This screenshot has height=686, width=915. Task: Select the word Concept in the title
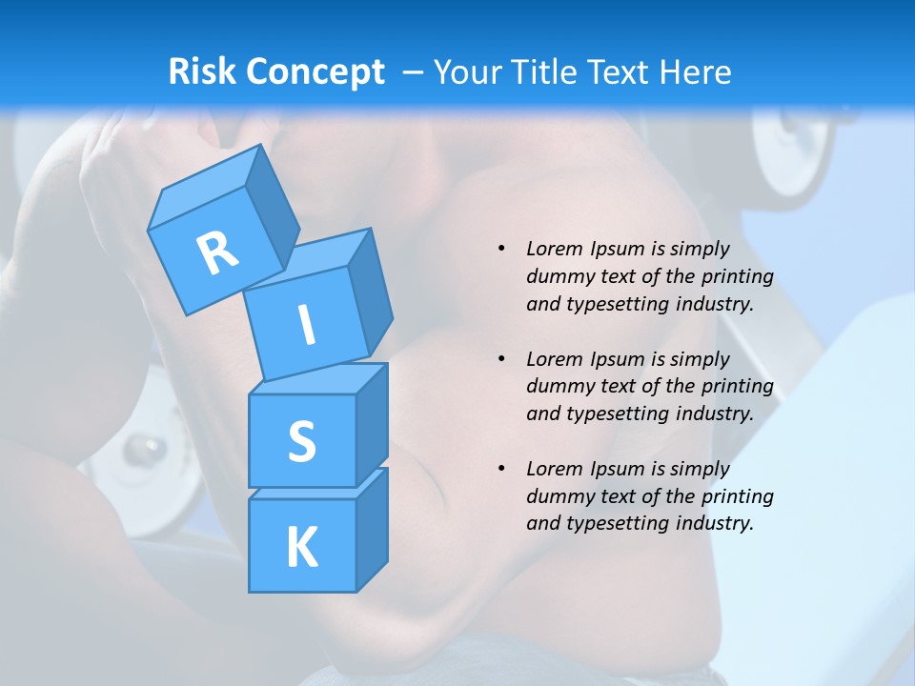tap(315, 72)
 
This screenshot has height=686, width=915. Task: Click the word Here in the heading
tap(695, 72)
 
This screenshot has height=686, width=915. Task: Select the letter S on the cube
tap(301, 442)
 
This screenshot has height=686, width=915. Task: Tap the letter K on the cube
tap(301, 548)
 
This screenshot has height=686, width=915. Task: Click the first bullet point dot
tap(501, 249)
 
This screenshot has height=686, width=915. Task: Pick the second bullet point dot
tap(501, 359)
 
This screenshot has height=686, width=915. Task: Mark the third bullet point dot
tap(501, 469)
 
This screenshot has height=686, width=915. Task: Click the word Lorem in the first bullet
tap(553, 249)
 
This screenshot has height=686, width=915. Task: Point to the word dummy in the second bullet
tap(556, 386)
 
